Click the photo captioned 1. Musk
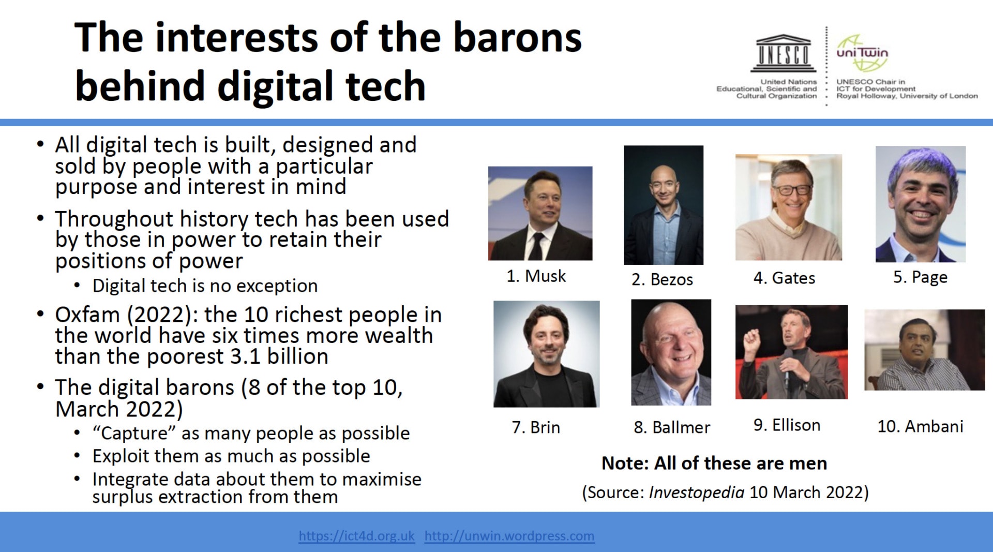(540, 213)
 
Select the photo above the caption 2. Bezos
(664, 205)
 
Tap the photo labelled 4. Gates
(789, 207)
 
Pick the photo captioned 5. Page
(921, 204)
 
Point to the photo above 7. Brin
(547, 354)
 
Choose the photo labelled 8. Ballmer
(671, 352)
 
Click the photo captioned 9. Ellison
(792, 352)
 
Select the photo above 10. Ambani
(925, 350)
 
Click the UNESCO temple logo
(784, 53)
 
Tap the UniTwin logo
(862, 53)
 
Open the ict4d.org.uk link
(356, 536)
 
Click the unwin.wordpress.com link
(509, 536)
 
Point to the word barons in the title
(518, 38)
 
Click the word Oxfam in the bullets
(87, 315)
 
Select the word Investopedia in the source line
(697, 493)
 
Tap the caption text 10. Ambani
(921, 426)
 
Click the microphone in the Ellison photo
(788, 367)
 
